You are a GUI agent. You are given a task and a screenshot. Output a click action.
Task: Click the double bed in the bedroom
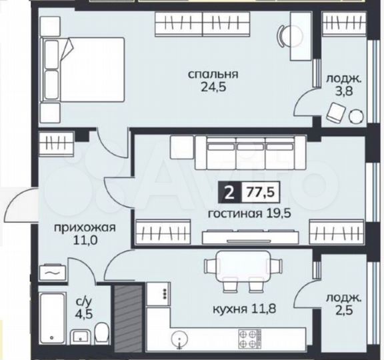(83, 68)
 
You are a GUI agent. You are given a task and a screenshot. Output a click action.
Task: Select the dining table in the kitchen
(239, 267)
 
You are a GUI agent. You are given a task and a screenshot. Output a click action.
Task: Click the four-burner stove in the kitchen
(254, 337)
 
